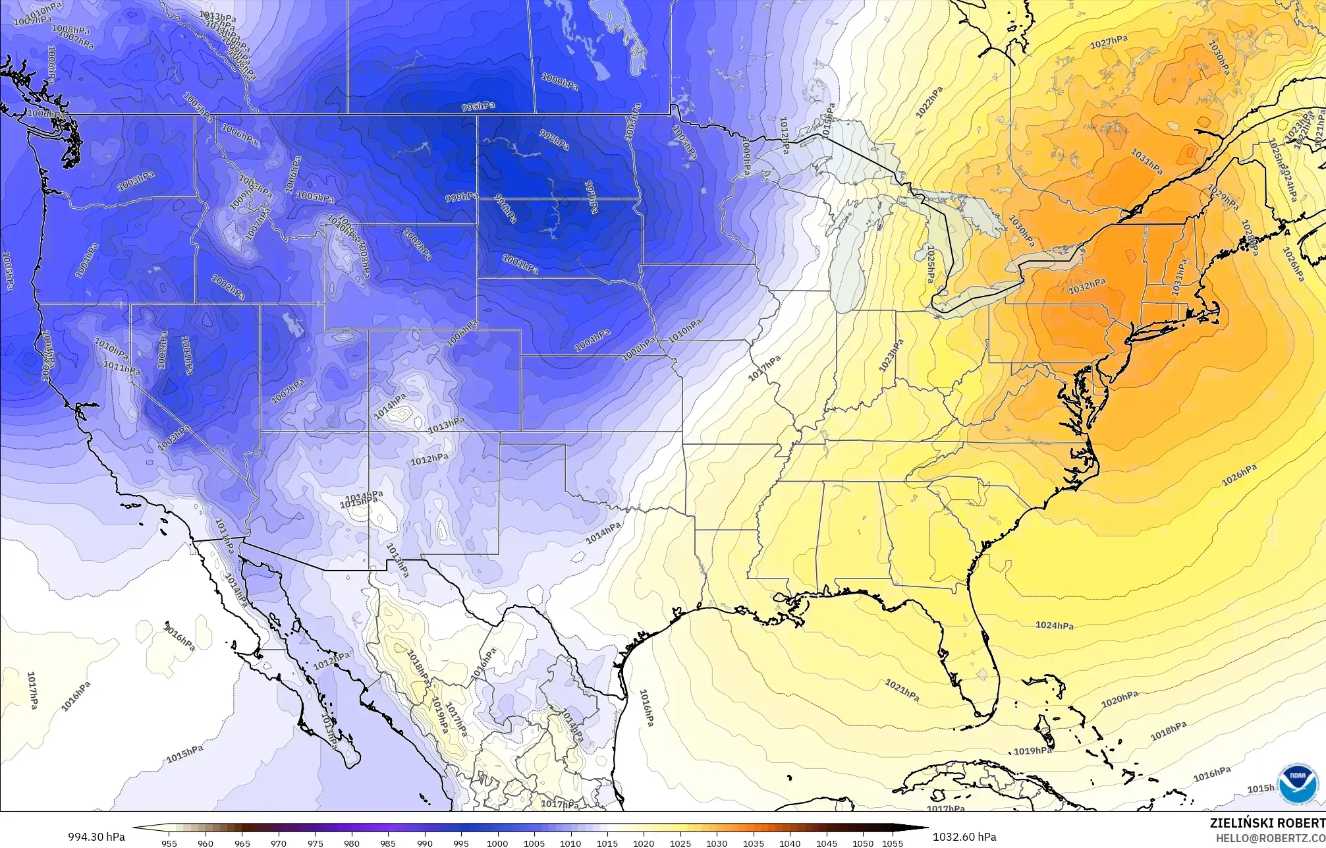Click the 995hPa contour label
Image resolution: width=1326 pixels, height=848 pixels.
point(478,107)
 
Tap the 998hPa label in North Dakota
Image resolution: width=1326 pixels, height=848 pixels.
point(554,138)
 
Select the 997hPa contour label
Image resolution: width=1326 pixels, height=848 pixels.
point(592,197)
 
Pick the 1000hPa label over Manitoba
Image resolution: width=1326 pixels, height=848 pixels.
point(560,82)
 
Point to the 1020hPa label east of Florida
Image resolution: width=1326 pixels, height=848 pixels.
point(1120,698)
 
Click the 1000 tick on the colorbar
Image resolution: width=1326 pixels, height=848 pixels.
point(497,843)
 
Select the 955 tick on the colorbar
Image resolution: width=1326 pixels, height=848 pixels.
point(169,843)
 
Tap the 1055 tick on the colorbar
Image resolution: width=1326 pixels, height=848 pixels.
point(892,843)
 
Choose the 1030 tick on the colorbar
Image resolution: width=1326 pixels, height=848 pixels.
point(717,843)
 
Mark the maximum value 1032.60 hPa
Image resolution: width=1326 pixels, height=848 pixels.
point(964,837)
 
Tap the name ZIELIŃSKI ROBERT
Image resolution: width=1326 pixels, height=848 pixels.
point(1267,822)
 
